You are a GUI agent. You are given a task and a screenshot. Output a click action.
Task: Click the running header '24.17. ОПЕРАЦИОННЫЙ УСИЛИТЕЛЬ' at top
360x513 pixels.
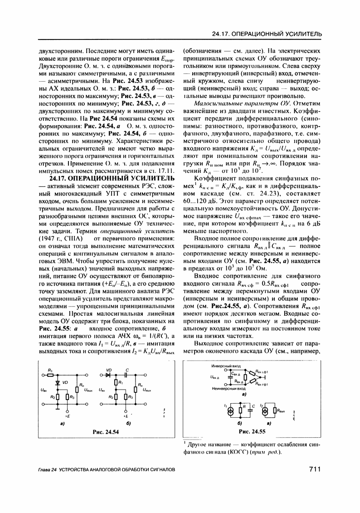coord(268,34)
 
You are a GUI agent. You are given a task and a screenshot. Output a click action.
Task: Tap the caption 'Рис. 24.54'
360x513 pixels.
coord(106,432)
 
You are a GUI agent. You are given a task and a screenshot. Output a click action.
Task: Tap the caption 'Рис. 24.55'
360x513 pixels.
coord(252,431)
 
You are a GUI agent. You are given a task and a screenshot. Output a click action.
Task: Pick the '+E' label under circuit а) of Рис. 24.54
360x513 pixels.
coord(67,415)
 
